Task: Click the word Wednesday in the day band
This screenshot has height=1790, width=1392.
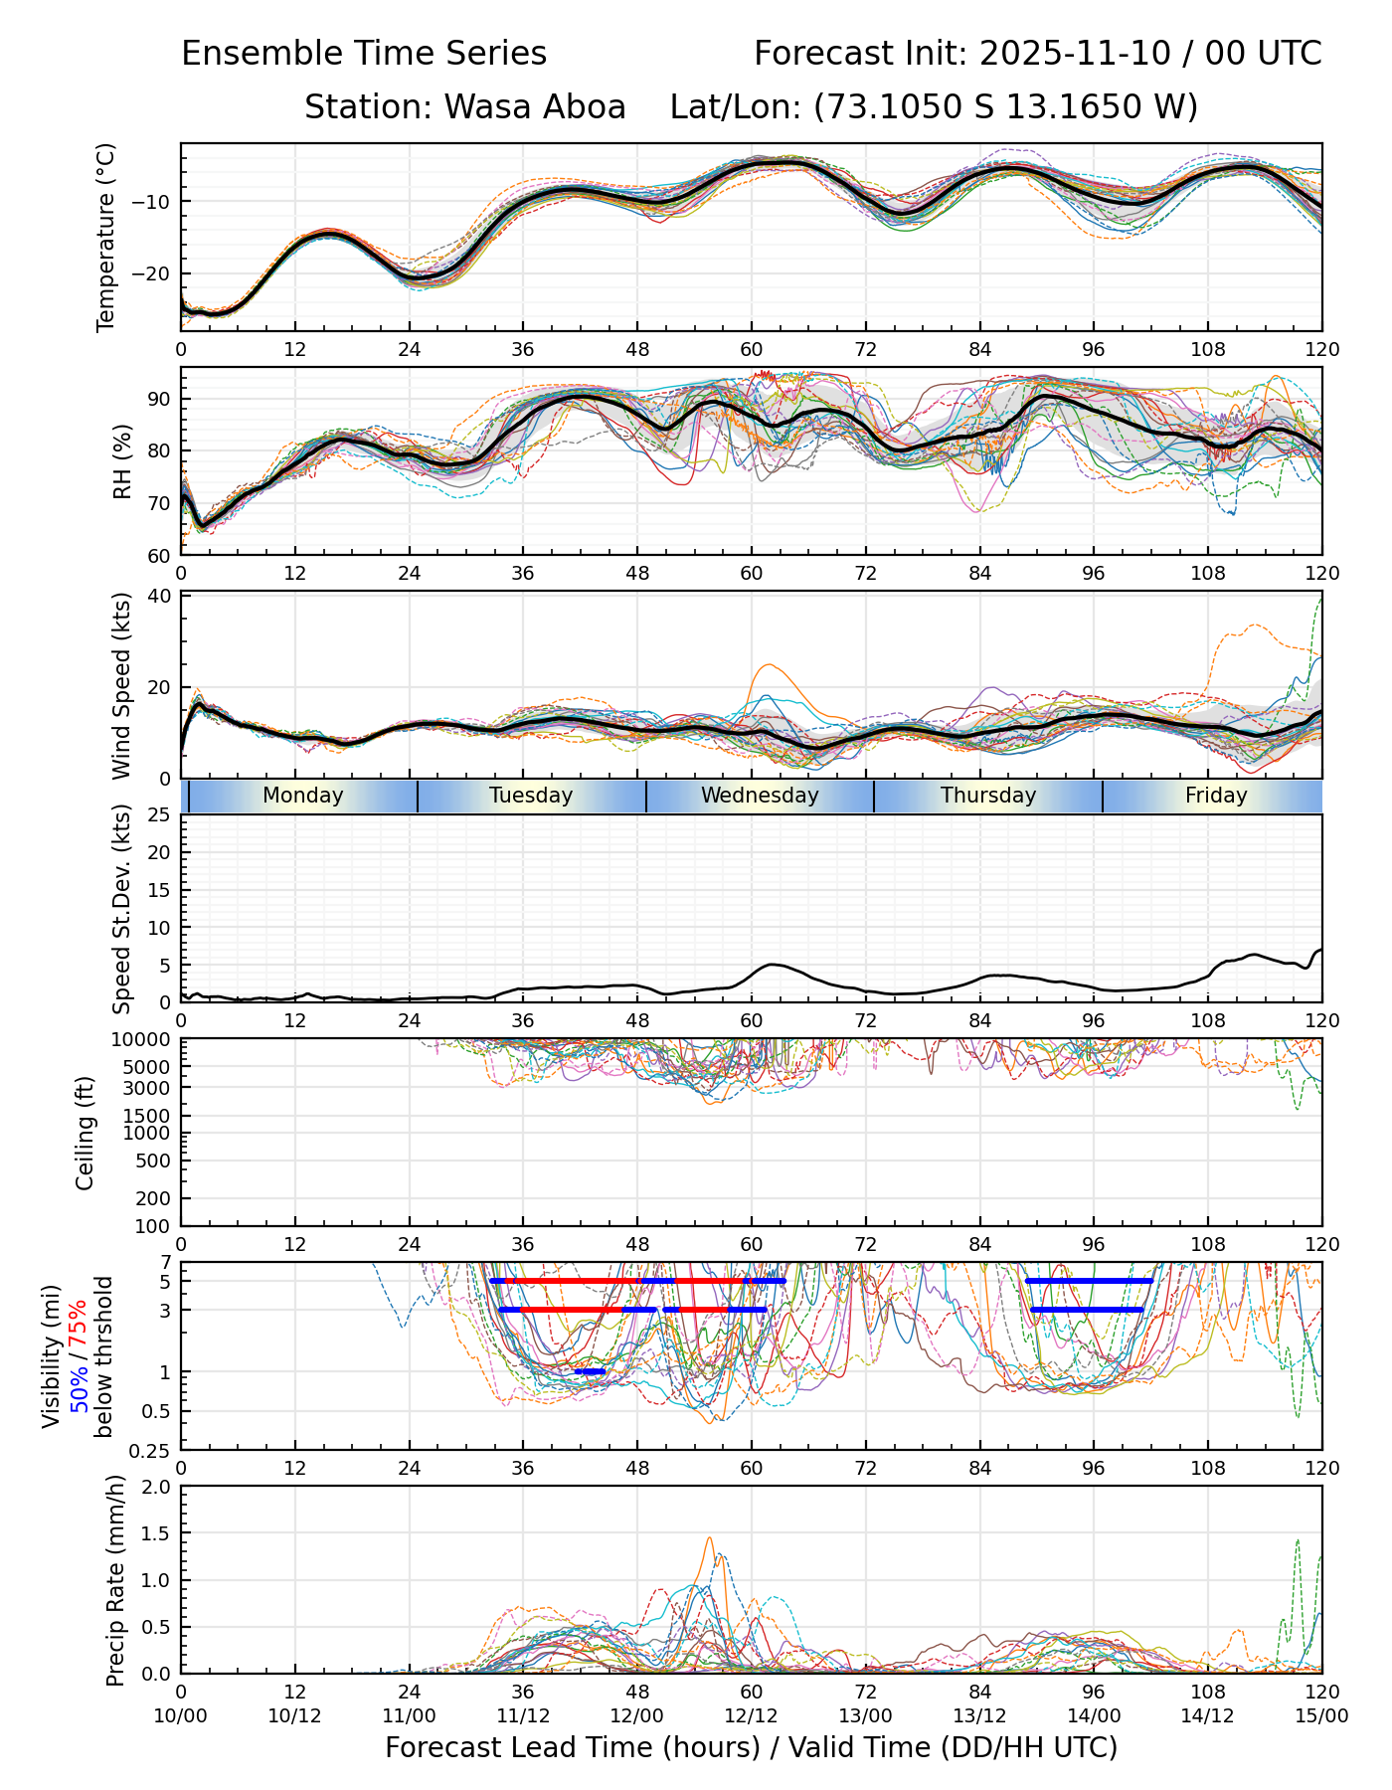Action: [x=760, y=796]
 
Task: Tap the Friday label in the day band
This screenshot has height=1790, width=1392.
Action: [x=1215, y=796]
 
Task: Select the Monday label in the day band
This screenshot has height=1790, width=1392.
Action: [x=302, y=796]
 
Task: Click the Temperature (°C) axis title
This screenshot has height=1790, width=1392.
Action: [x=106, y=237]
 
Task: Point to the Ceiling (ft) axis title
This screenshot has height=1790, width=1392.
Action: [x=86, y=1133]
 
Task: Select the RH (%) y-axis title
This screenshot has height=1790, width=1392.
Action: [x=122, y=460]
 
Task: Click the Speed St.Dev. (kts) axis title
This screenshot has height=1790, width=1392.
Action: [x=121, y=908]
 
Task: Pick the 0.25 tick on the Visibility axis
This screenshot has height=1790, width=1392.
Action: [x=152, y=1450]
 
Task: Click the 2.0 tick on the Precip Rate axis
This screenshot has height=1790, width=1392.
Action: [x=154, y=1487]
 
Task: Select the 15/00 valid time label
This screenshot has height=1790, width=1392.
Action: [x=1321, y=1715]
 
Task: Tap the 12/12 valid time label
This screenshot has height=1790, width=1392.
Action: [x=751, y=1715]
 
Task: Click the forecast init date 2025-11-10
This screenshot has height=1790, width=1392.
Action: [x=1075, y=53]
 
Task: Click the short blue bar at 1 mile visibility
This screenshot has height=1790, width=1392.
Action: [x=590, y=1371]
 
